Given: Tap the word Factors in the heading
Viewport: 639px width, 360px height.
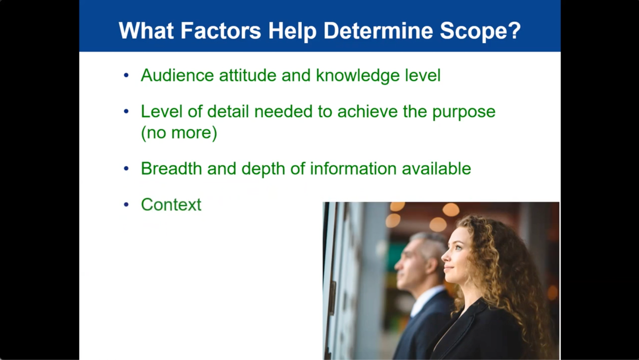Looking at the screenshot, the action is click(x=220, y=31).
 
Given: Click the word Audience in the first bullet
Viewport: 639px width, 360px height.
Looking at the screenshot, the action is click(x=177, y=75).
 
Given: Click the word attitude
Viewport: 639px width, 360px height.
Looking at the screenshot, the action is click(x=247, y=75).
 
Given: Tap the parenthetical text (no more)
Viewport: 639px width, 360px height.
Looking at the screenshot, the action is click(x=179, y=133).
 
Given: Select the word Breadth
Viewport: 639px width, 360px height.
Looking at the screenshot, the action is click(x=171, y=168).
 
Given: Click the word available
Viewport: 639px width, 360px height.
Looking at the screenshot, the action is click(x=436, y=168).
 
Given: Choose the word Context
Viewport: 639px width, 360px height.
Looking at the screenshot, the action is click(x=171, y=205).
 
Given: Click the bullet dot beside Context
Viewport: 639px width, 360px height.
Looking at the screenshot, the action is click(x=126, y=205).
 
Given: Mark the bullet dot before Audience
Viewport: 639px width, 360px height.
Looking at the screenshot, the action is click(x=126, y=76).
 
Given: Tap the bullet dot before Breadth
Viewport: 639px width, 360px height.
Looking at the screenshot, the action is click(x=126, y=169).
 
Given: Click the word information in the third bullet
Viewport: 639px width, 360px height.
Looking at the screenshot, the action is click(x=353, y=168).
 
